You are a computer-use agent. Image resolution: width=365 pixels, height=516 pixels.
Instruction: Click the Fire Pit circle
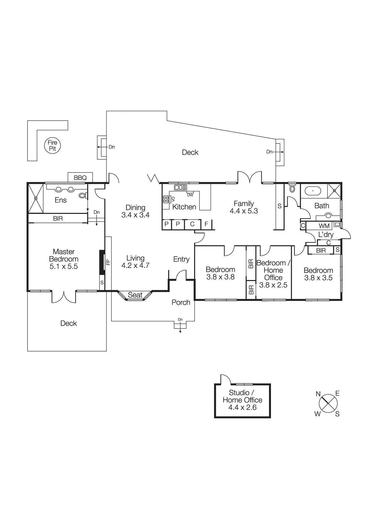point(52,145)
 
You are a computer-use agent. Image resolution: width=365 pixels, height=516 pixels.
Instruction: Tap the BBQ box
point(80,177)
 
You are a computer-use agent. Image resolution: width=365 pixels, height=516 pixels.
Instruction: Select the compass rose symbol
point(328,403)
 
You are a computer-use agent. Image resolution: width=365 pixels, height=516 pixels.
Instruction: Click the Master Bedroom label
point(64,255)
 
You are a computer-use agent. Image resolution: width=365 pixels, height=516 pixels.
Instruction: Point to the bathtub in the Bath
point(313,191)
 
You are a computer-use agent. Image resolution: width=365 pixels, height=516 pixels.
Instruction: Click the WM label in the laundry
point(324,226)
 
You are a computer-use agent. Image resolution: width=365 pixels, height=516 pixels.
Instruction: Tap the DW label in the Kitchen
point(190,195)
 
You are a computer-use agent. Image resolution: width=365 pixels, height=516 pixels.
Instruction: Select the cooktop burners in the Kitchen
point(166,199)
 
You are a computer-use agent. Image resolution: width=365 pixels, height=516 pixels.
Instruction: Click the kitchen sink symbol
point(180,187)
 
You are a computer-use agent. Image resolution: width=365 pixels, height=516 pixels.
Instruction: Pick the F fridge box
point(206,224)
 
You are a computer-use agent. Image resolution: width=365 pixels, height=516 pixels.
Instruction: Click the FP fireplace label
point(108,262)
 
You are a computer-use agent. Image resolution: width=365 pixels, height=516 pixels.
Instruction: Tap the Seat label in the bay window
point(135,295)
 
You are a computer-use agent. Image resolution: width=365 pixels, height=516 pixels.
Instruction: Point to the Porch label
point(181,302)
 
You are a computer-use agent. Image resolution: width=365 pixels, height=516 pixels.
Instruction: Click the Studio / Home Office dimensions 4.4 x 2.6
point(242,407)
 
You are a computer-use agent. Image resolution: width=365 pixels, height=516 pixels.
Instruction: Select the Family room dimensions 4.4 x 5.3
point(244,211)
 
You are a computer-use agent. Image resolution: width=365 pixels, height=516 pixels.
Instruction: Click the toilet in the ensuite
point(83,195)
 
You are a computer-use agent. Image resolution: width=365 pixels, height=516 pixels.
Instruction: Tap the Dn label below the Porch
point(180,320)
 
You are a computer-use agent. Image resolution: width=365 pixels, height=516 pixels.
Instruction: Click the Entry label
point(181,259)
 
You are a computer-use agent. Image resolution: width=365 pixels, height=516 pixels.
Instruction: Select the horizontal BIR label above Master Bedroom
point(58,218)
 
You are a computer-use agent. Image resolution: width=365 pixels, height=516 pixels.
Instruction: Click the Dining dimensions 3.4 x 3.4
point(135,215)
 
